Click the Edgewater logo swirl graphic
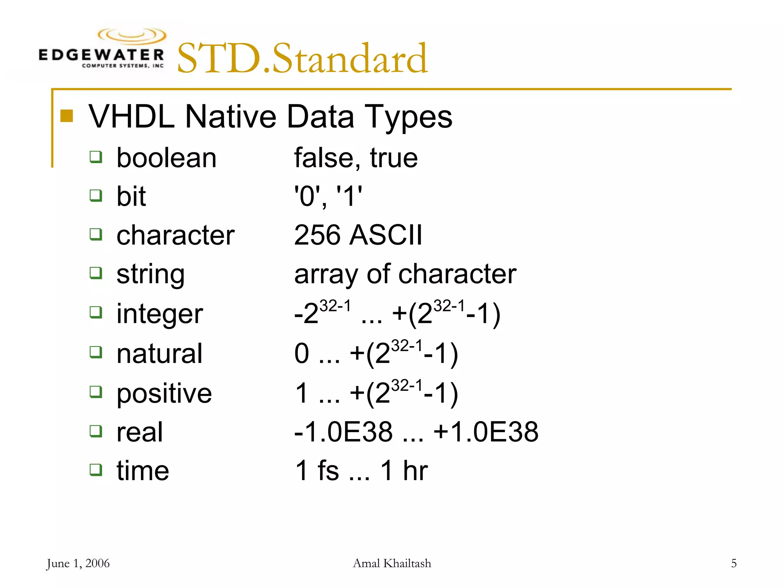[x=132, y=36]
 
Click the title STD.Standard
[x=302, y=59]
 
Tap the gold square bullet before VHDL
[x=67, y=116]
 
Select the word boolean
[x=167, y=158]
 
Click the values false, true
[x=356, y=158]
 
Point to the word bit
[x=131, y=196]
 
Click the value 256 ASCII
[x=358, y=235]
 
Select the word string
[x=150, y=274]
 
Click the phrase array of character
[x=405, y=274]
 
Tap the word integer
[x=160, y=314]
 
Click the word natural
[x=159, y=353]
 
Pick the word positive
[x=164, y=393]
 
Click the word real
[x=140, y=432]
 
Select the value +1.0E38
[x=486, y=432]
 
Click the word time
[x=143, y=471]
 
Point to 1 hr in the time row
[x=404, y=471]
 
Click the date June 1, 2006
[x=78, y=563]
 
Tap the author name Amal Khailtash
[x=392, y=563]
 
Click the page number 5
[x=733, y=563]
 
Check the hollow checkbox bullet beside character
[x=96, y=234]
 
